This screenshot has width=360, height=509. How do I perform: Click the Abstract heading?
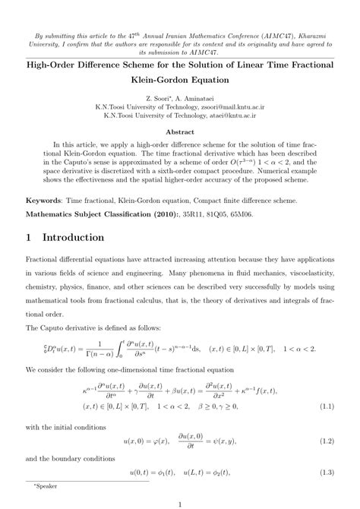(180, 131)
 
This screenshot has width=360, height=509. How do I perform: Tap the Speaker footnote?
(43, 483)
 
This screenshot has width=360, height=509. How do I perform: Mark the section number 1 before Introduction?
(29, 237)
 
